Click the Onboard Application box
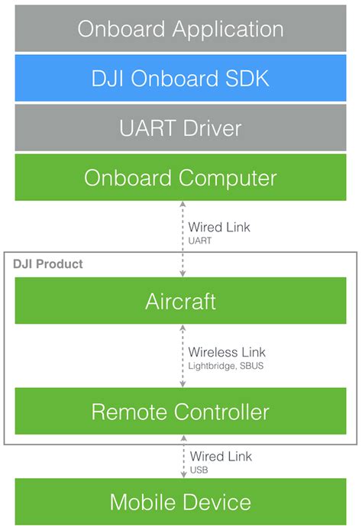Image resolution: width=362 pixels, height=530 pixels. [180, 28]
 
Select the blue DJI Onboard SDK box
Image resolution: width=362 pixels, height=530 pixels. [180, 78]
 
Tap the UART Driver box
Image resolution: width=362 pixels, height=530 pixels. [180, 128]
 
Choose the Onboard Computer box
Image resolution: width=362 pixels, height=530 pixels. [180, 177]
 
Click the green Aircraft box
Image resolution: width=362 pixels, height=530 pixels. [180, 300]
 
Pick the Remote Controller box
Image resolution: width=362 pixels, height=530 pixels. [180, 411]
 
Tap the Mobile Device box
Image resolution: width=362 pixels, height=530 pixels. [180, 502]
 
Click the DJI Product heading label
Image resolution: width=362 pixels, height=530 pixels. [47, 264]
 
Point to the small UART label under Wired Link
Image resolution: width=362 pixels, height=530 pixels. [200, 241]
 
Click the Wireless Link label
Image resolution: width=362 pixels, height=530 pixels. [227, 352]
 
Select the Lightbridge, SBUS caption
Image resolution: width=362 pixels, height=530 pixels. [226, 366]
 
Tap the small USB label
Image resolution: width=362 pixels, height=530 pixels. [199, 470]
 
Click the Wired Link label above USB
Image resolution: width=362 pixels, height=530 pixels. [221, 457]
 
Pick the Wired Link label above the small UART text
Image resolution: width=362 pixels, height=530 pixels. [219, 227]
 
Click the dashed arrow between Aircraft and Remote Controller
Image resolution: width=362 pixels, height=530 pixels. [183, 356]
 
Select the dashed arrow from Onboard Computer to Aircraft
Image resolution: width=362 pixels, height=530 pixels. [183, 239]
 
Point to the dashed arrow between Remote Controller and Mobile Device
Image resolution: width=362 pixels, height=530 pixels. [183, 457]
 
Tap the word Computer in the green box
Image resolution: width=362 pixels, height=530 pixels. [228, 178]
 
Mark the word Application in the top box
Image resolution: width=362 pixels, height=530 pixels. [228, 30]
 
